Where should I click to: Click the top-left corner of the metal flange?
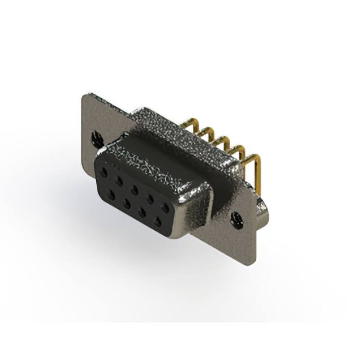pyautogui.click(x=85, y=98)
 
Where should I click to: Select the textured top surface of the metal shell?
pyautogui.click(x=170, y=136)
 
